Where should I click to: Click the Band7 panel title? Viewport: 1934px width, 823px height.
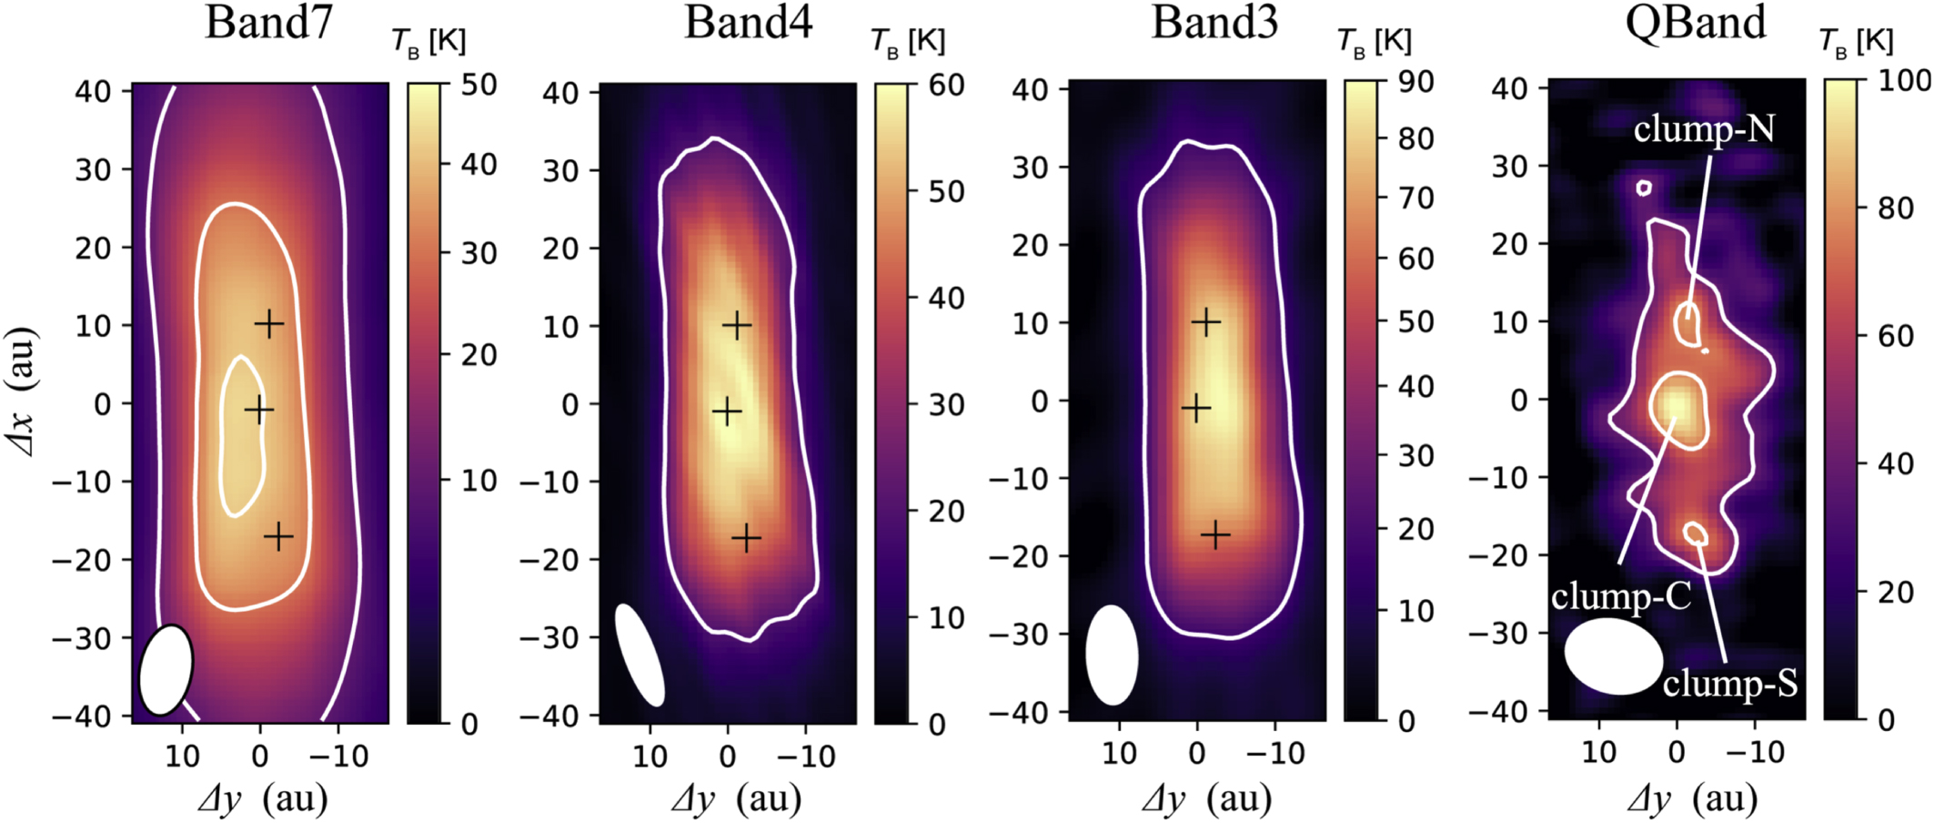(x=268, y=22)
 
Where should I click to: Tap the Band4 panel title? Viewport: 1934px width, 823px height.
(x=747, y=22)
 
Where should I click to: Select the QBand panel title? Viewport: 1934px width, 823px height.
(x=1695, y=22)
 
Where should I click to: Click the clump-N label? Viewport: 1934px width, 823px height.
(x=1703, y=129)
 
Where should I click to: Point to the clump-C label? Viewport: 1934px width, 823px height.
(x=1620, y=596)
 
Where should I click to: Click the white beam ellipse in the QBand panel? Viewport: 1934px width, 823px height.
(x=1613, y=656)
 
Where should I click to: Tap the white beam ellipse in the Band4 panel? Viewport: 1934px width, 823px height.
(x=640, y=655)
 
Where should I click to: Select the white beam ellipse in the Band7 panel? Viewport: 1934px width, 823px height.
(x=166, y=670)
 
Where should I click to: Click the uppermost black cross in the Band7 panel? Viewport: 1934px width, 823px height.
(x=268, y=323)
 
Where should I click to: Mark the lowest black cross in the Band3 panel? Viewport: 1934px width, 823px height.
(x=1214, y=534)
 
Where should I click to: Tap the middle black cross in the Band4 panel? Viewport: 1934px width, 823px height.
(x=726, y=412)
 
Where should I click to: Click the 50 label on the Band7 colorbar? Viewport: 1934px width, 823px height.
(x=478, y=85)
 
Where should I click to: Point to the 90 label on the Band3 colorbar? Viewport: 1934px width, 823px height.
(x=1415, y=82)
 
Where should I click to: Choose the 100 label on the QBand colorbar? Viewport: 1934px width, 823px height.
(x=1904, y=81)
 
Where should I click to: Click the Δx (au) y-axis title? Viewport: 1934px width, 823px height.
(x=22, y=391)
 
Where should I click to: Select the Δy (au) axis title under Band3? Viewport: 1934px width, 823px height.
(x=1206, y=798)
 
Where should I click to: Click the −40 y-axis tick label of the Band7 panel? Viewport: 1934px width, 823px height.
(x=82, y=716)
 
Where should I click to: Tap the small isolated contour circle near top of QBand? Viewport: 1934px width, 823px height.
(x=1643, y=188)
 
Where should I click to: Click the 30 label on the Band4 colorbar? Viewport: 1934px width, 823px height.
(x=946, y=404)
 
